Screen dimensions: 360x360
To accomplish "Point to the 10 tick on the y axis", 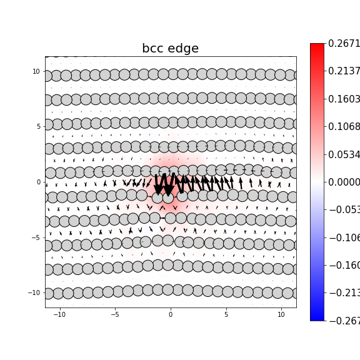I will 36,71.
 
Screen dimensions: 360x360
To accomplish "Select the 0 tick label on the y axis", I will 38,182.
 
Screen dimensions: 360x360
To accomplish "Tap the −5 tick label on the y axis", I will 36,237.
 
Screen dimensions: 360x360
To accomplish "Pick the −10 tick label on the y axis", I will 34,292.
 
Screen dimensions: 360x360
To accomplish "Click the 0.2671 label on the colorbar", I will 344,43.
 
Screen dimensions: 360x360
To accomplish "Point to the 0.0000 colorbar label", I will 344,182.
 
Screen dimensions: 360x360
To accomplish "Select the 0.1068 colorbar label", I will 344,126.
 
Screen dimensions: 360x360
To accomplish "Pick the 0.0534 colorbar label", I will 344,154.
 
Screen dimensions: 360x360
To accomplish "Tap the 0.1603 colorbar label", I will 344,99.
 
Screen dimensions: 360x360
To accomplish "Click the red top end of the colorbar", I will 317,47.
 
